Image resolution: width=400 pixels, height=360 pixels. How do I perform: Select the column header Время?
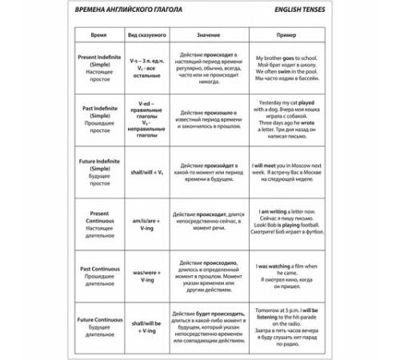98,37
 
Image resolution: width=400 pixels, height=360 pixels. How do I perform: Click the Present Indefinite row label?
98,73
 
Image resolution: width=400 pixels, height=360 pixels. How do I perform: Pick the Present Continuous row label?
98,222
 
